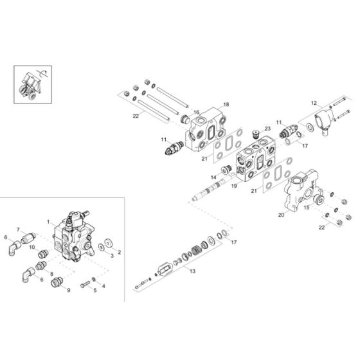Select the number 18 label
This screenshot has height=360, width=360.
click(x=226, y=104)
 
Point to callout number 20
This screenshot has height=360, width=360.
click(x=280, y=215)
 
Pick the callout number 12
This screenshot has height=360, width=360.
click(x=314, y=102)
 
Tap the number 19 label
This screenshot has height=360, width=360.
click(x=234, y=186)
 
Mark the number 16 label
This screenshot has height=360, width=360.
click(x=197, y=112)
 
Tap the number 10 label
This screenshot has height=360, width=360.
click(x=32, y=247)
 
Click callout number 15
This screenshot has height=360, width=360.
click(x=306, y=208)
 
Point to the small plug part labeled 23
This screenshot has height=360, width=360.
click(x=256, y=137)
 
